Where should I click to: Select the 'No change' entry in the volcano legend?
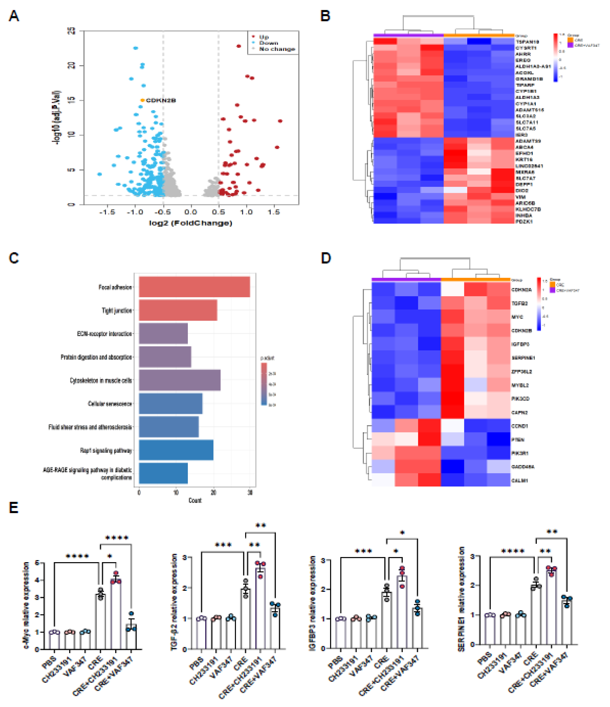tap(277, 49)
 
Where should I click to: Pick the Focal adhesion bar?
tap(194, 287)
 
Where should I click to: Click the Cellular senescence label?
tap(110, 404)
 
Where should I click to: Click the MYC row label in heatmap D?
tap(517, 317)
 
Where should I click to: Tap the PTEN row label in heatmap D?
tap(518, 439)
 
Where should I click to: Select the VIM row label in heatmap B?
tap(520, 197)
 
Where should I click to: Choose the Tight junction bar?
tap(178, 310)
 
